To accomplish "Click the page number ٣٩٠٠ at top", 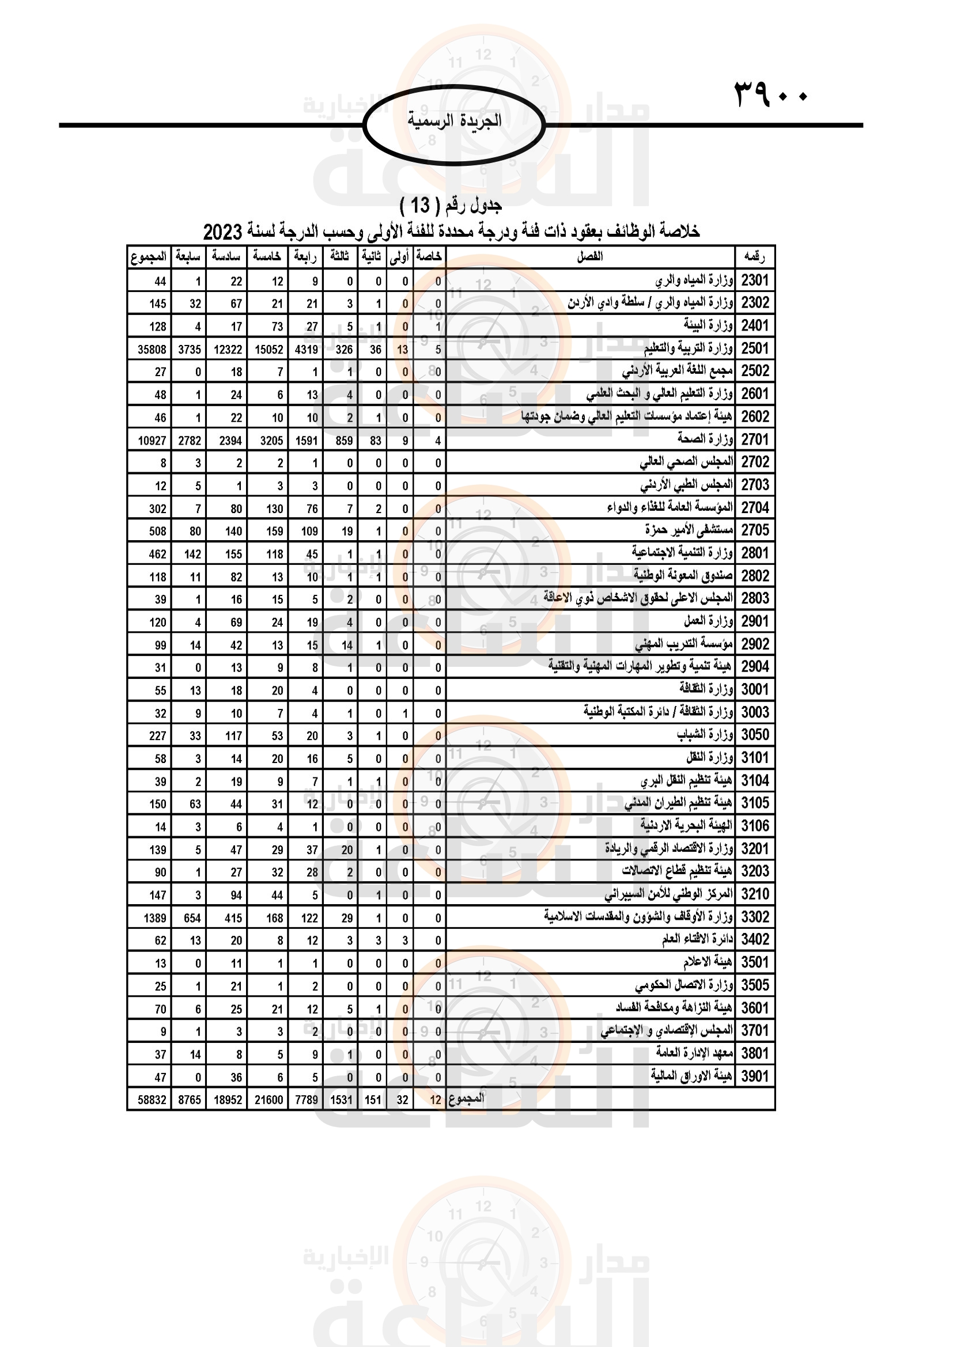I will (770, 94).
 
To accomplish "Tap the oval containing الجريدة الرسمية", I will (454, 124).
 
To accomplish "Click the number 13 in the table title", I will (420, 206).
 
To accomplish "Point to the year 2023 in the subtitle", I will (222, 232).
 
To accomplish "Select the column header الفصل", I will (590, 256).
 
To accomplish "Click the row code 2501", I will (755, 348).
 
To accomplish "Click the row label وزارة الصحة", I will (705, 439).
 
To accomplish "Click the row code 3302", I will (755, 917).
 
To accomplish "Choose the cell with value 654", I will (192, 918).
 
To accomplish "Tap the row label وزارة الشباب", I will (704, 734).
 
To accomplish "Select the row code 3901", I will (755, 1076).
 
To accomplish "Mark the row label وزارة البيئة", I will (708, 325).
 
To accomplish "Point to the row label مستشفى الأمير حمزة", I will (689, 530).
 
